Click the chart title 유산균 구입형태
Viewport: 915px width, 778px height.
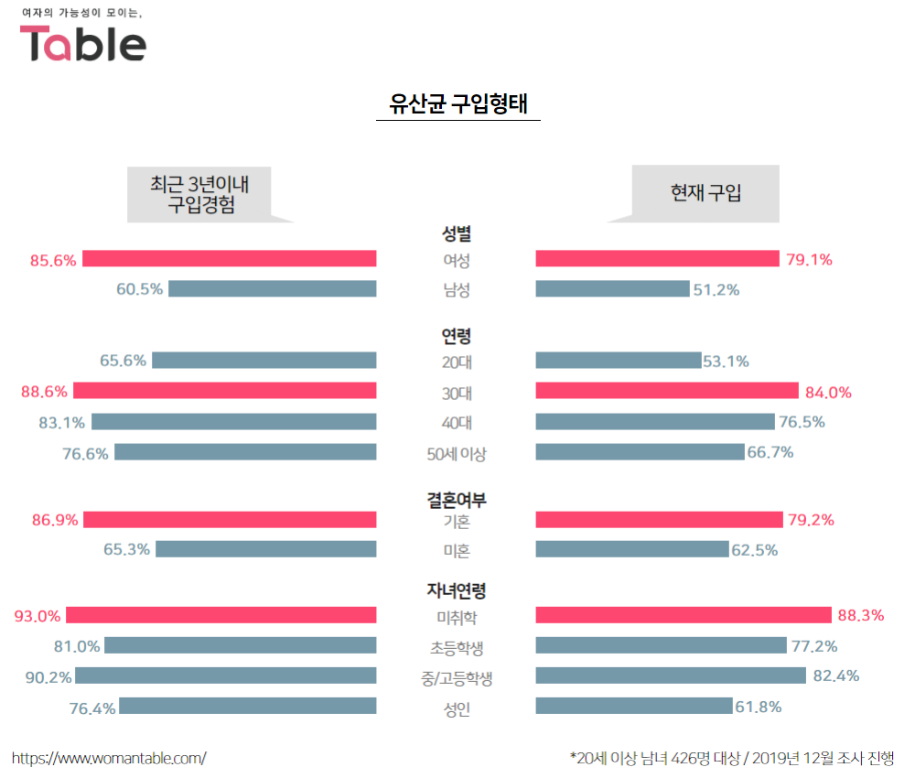click(x=457, y=103)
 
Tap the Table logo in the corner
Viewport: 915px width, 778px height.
click(x=83, y=43)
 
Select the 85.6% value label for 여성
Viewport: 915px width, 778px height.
click(x=53, y=260)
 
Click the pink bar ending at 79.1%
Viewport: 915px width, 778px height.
click(x=656, y=259)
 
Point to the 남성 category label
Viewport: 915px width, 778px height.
click(x=456, y=290)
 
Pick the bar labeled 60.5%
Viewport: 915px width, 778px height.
click(x=273, y=289)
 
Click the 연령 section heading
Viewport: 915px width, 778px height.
click(x=456, y=336)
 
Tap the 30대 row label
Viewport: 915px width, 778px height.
click(x=456, y=393)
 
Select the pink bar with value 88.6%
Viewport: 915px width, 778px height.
click(x=225, y=391)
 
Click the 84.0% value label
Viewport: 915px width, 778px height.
click(x=828, y=393)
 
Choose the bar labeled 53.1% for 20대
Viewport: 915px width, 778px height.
click(x=618, y=361)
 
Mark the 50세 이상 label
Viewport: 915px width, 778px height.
click(x=456, y=453)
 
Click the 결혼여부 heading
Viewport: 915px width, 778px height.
click(x=456, y=500)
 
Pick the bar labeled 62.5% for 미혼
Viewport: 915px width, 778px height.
click(x=632, y=549)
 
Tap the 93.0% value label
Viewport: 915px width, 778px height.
click(x=38, y=616)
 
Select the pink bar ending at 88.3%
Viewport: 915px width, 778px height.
click(x=684, y=615)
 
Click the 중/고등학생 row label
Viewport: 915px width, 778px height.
click(x=456, y=678)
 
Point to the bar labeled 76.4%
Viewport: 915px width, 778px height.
click(x=248, y=706)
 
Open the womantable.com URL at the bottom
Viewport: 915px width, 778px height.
click(x=109, y=758)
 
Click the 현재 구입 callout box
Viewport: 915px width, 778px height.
click(x=705, y=192)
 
